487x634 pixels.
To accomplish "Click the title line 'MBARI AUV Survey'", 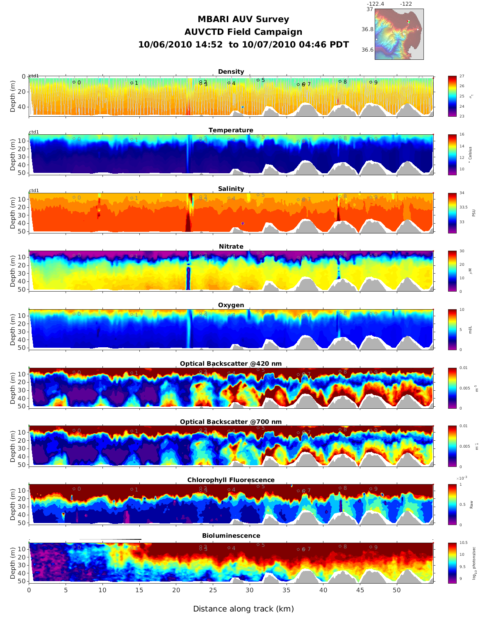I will pos(243,19).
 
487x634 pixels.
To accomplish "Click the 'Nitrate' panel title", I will pos(231,247).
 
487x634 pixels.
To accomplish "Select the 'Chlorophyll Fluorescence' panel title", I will pos(231,480).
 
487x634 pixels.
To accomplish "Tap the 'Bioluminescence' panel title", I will pos(231,536).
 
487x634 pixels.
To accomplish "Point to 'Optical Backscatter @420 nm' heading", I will pos(231,364).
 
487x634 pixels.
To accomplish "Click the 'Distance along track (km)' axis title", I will pos(243,609).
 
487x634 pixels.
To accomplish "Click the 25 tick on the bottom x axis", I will pos(213,590).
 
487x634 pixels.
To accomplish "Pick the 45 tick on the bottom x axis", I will pos(360,590).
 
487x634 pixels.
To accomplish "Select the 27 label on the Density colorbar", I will pos(462,77).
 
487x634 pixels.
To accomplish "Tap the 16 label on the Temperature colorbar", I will pos(462,135).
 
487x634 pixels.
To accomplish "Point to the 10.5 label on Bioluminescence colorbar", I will pos(463,543).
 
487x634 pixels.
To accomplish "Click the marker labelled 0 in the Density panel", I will pos(74,82).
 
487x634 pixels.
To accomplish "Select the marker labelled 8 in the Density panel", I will pos(340,82).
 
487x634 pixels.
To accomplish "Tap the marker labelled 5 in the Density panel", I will pos(258,80).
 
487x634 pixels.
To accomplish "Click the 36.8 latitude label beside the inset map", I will pos(367,29).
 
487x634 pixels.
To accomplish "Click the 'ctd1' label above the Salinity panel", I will pos(34,190).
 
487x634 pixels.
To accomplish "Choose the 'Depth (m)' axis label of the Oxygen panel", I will pos(13,329).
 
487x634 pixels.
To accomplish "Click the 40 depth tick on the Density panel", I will pos(23,107).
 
